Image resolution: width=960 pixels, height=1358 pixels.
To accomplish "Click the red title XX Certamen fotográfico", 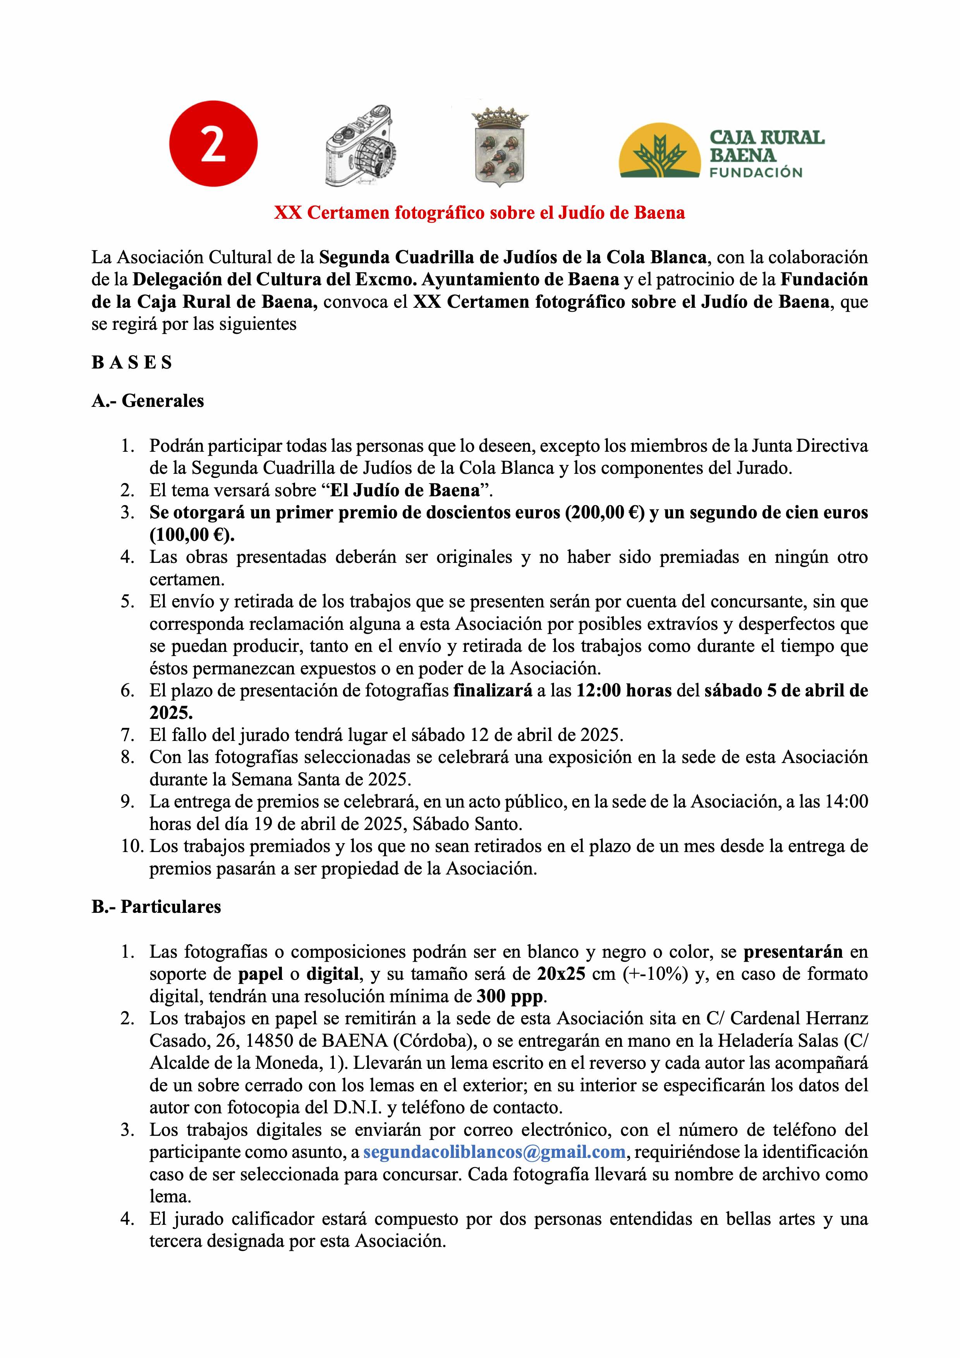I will pyautogui.click(x=479, y=213).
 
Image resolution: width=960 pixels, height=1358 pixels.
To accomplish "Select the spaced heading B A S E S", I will pyautogui.click(x=131, y=363).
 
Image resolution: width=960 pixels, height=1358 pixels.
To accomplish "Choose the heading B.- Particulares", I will pyautogui.click(x=156, y=907).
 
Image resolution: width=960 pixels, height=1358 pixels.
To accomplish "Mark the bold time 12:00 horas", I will pyautogui.click(x=623, y=690).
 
